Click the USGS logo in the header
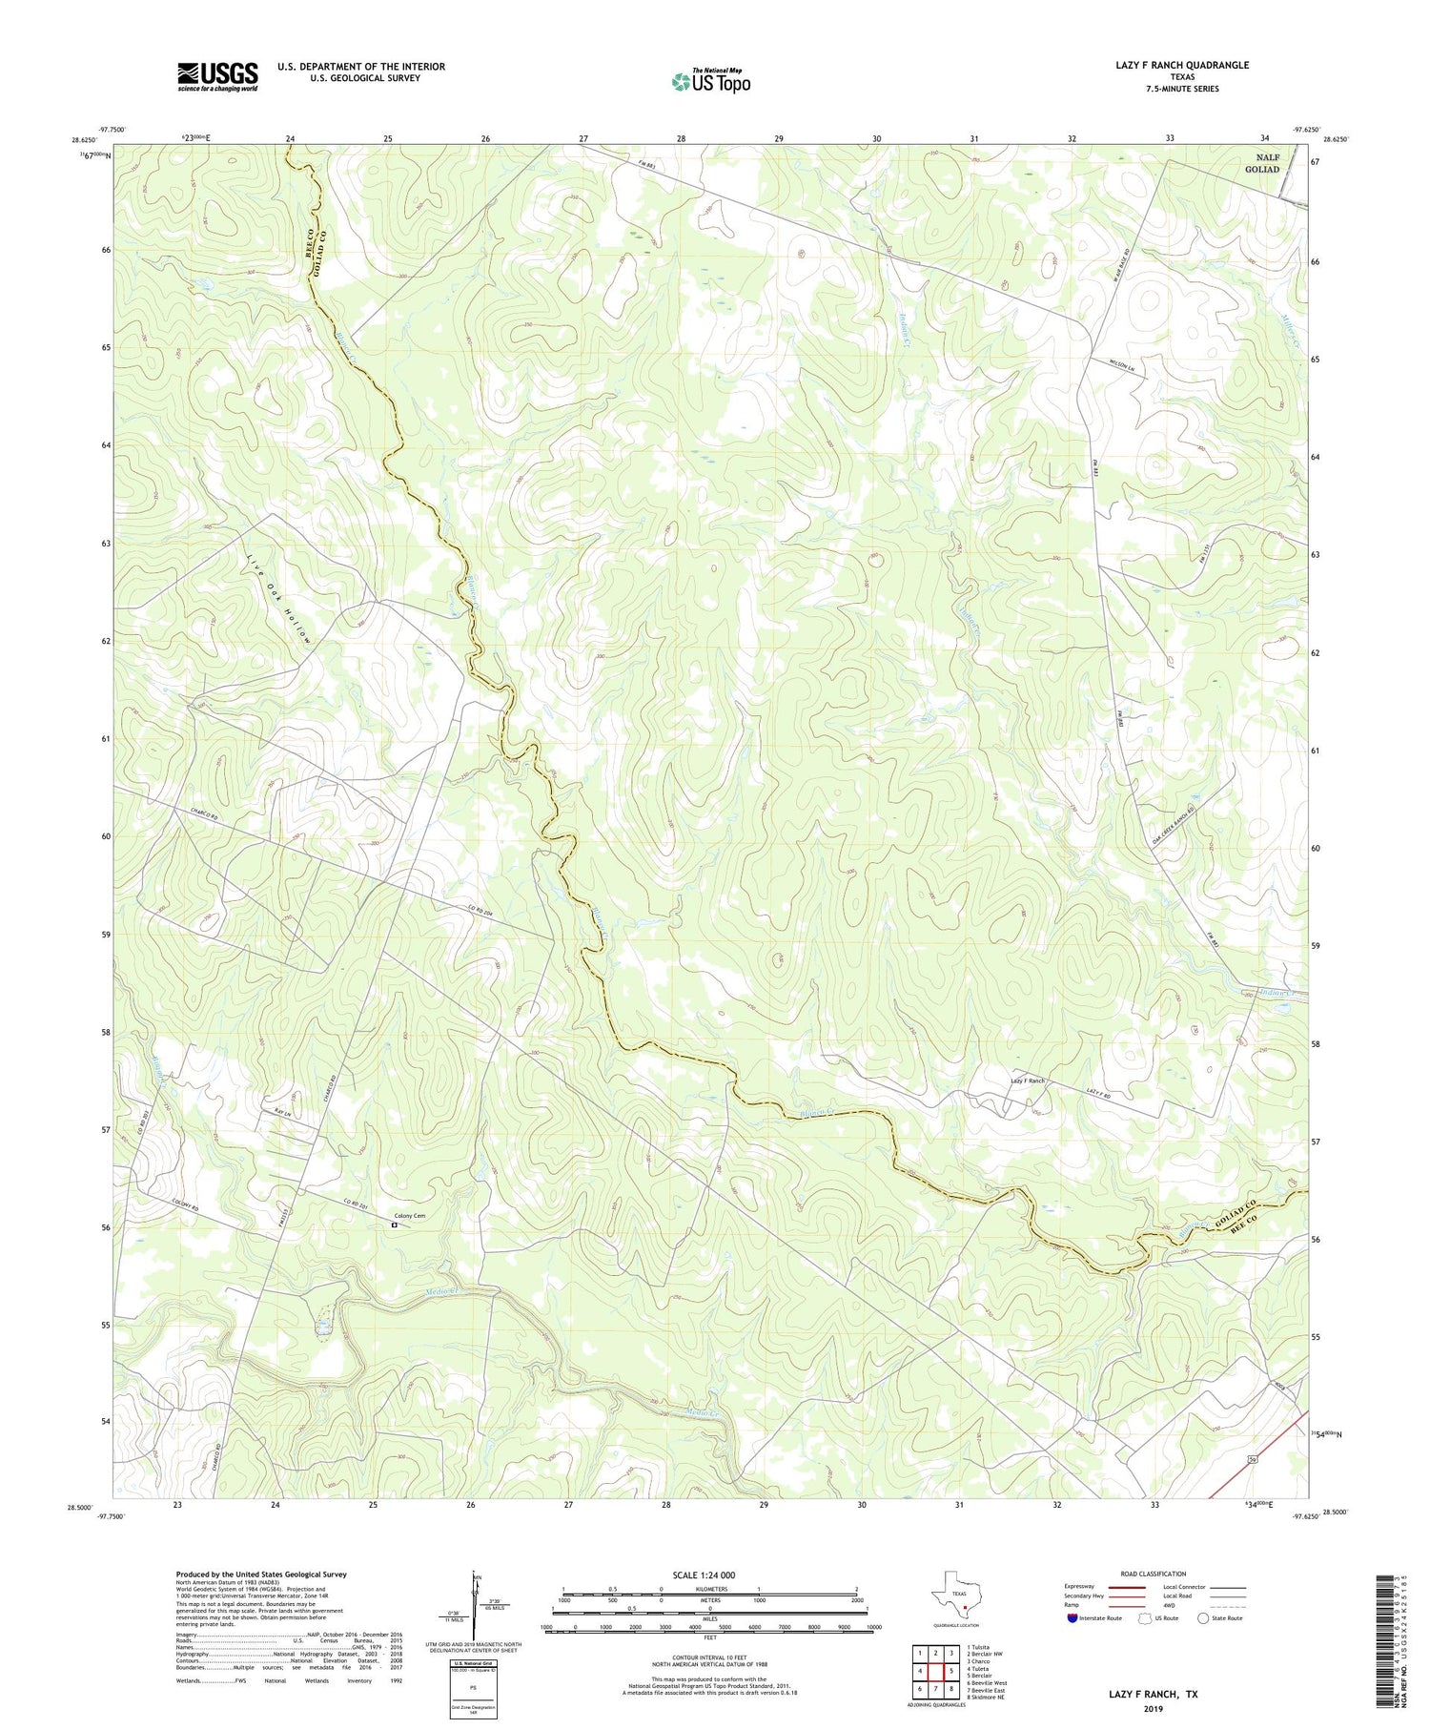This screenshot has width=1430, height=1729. click(217, 76)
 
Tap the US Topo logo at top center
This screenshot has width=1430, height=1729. click(710, 82)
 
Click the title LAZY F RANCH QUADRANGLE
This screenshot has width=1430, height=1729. click(1169, 65)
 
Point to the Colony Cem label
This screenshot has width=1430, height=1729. click(411, 1216)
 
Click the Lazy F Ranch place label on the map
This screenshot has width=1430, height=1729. click(1028, 1081)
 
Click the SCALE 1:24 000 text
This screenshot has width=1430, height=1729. click(710, 1575)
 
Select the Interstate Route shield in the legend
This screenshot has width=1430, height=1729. click(1073, 1618)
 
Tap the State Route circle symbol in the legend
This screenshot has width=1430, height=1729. click(1203, 1618)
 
